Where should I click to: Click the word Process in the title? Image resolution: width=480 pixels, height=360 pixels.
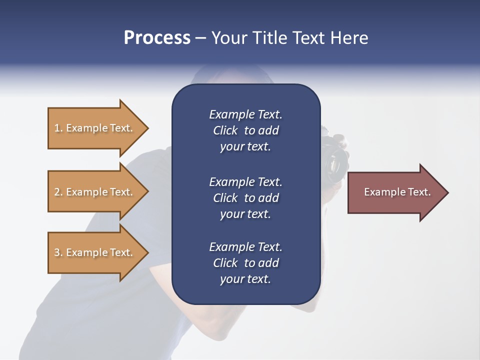tap(157, 38)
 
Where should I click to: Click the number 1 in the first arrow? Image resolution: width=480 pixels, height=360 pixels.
tap(57, 128)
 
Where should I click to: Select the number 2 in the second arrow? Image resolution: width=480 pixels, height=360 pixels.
tap(57, 192)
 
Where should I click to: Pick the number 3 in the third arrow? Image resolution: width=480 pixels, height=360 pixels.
tap(57, 252)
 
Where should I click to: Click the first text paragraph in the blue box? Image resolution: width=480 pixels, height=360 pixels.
tap(245, 130)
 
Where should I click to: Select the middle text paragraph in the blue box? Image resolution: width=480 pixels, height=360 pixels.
tap(245, 198)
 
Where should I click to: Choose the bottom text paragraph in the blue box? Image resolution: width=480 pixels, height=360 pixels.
tap(245, 263)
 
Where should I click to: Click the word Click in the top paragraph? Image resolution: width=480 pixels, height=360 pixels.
tap(225, 130)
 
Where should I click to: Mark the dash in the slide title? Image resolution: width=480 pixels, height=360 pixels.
tap(200, 38)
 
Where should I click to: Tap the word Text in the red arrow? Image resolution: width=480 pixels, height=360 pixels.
tap(419, 192)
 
